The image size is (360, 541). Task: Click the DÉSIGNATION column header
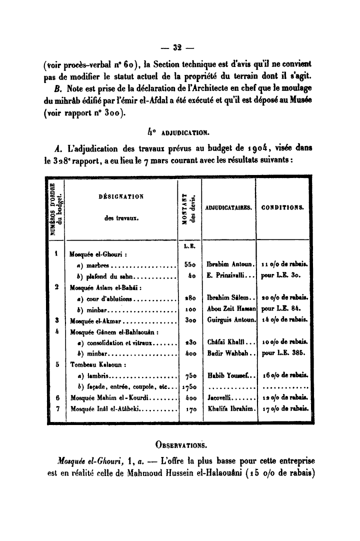(121, 196)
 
